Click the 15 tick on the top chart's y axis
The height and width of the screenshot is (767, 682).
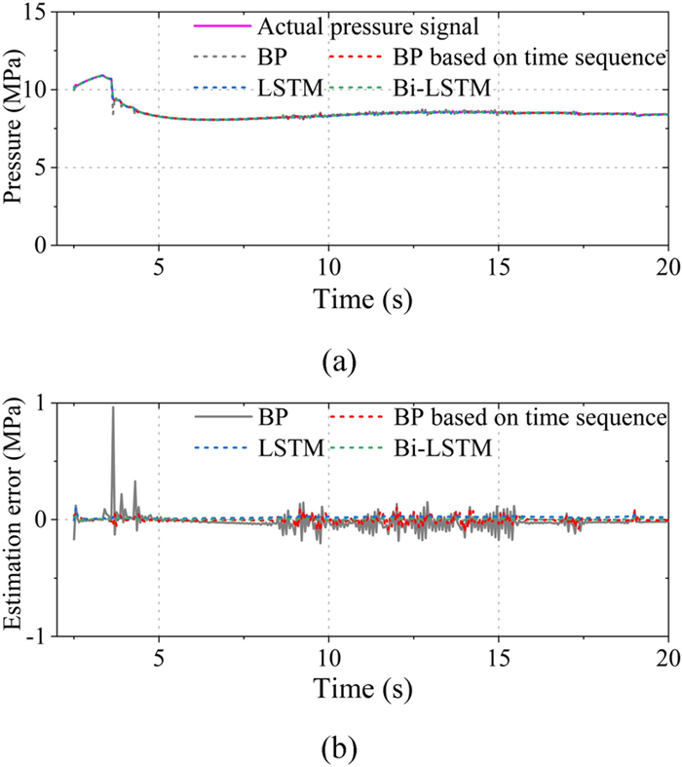(42, 12)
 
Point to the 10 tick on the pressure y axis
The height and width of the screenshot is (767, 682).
(42, 90)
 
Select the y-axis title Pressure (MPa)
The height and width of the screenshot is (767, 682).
(16, 130)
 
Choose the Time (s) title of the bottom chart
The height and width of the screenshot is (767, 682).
(363, 688)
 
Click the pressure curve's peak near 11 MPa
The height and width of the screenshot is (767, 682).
(102, 75)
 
